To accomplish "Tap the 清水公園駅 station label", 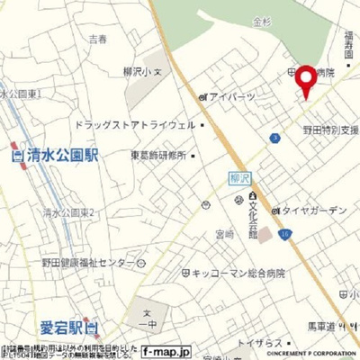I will [55, 154].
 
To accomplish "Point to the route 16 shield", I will [284, 234].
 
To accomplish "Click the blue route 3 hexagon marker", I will [274, 138].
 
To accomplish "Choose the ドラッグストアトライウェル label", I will [135, 125].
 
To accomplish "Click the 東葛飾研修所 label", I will [157, 155].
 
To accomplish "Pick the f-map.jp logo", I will [166, 350].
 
